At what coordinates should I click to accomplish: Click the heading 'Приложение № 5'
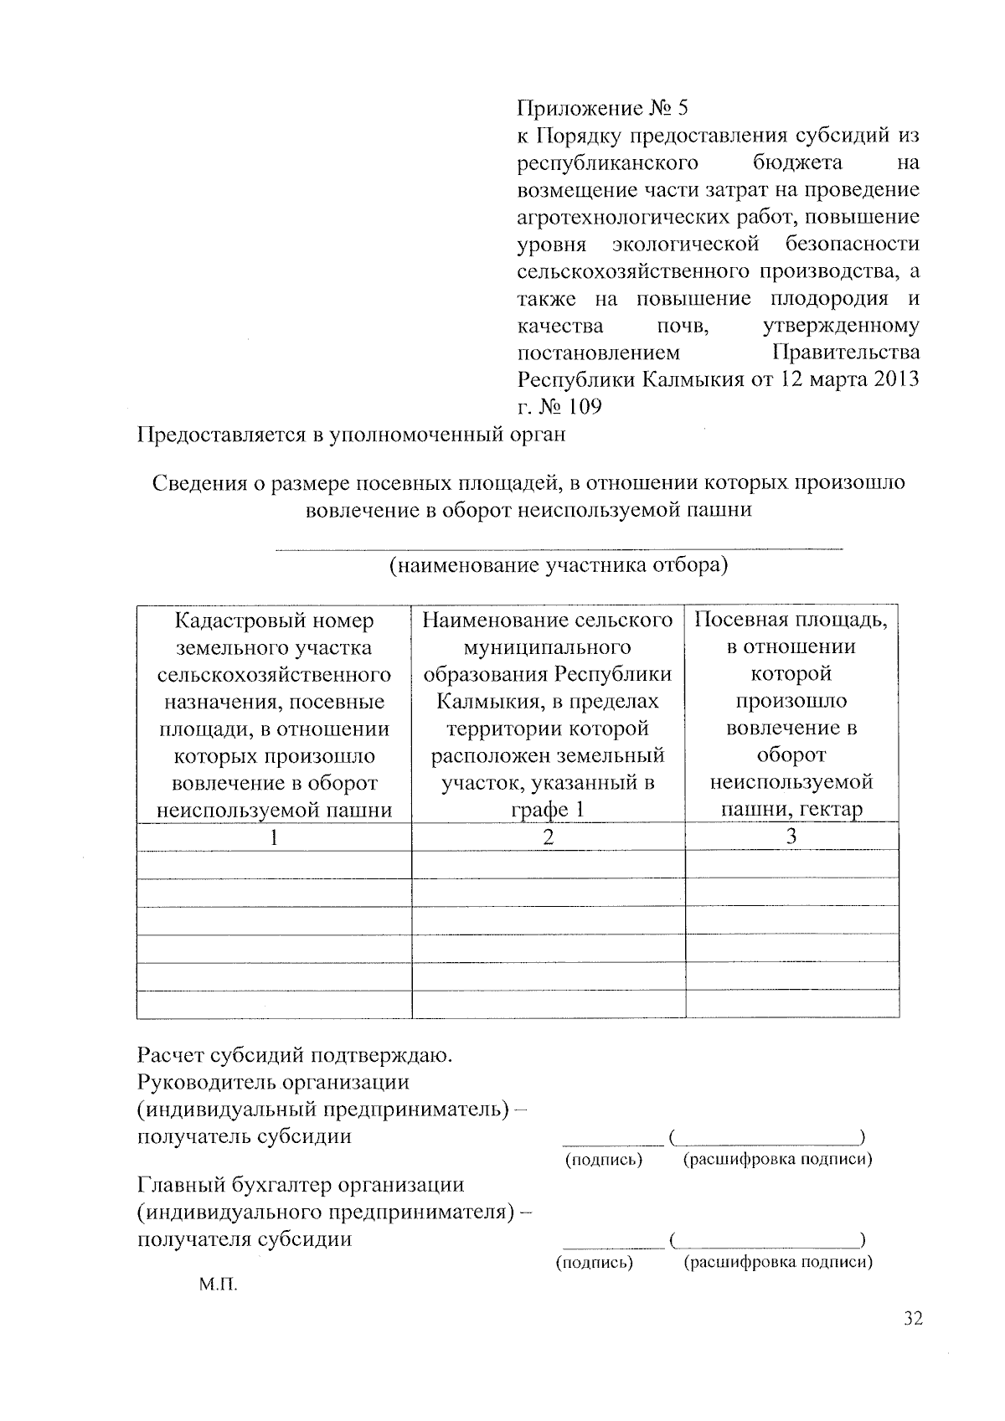pos(601,108)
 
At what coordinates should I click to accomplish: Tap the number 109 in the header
pos(585,407)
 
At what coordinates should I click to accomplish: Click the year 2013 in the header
pos(896,379)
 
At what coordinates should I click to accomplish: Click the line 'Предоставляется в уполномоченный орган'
pos(351,435)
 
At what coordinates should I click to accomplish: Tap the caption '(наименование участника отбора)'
pos(559,565)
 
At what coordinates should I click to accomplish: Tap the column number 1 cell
pos(274,837)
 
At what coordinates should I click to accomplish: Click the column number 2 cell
pos(548,837)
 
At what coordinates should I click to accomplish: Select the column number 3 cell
pos(791,837)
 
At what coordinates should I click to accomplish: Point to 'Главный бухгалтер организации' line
pos(300,1185)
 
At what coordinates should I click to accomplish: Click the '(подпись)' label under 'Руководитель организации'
pos(604,1160)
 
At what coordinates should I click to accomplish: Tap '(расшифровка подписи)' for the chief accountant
pos(778,1262)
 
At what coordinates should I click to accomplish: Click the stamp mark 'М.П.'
pos(219,1284)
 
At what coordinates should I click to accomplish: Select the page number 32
pos(913,1319)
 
